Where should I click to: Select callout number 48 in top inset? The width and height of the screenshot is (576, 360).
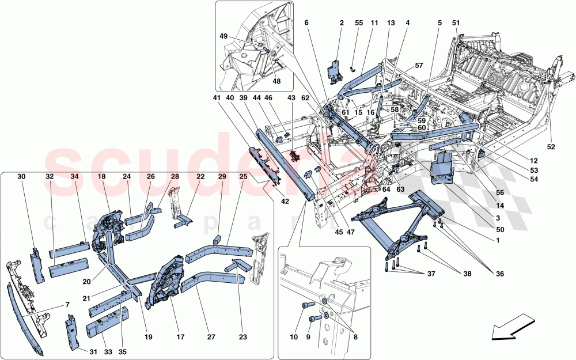[277, 81]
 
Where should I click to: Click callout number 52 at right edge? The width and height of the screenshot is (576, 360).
[551, 147]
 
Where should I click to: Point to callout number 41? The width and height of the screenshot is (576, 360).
[217, 98]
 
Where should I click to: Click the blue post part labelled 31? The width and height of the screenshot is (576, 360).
[72, 332]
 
